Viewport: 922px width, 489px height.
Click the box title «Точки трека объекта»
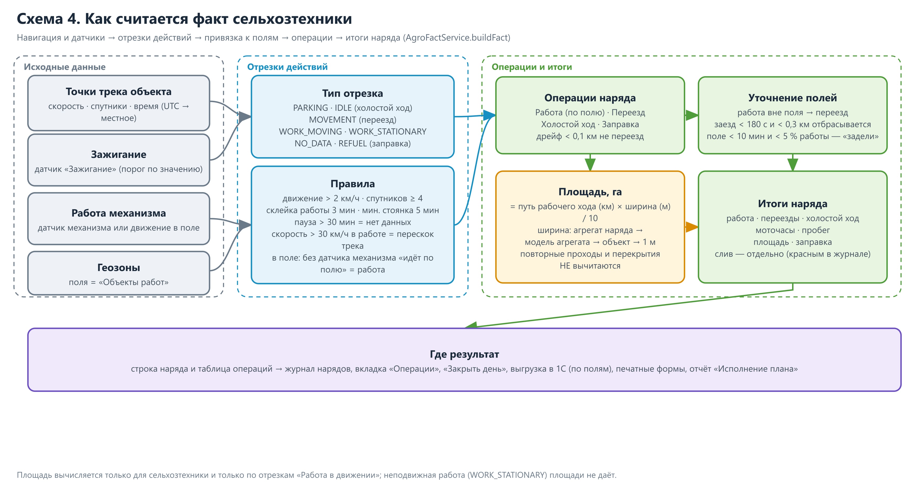(x=118, y=92)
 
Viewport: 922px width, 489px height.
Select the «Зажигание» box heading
(x=118, y=154)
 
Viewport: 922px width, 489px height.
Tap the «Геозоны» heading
(x=118, y=267)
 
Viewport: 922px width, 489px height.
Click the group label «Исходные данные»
(x=65, y=67)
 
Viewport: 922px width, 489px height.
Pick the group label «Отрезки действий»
(x=287, y=67)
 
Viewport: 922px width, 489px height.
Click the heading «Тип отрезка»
(x=353, y=94)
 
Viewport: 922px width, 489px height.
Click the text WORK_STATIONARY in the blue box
(x=388, y=131)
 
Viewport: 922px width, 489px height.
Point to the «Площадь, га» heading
(x=590, y=192)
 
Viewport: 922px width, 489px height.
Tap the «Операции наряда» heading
(x=590, y=98)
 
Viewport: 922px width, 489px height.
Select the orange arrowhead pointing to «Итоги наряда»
(x=692, y=227)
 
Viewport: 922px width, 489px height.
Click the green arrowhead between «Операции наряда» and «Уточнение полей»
(x=692, y=115)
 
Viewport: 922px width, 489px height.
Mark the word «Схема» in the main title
(x=40, y=19)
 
